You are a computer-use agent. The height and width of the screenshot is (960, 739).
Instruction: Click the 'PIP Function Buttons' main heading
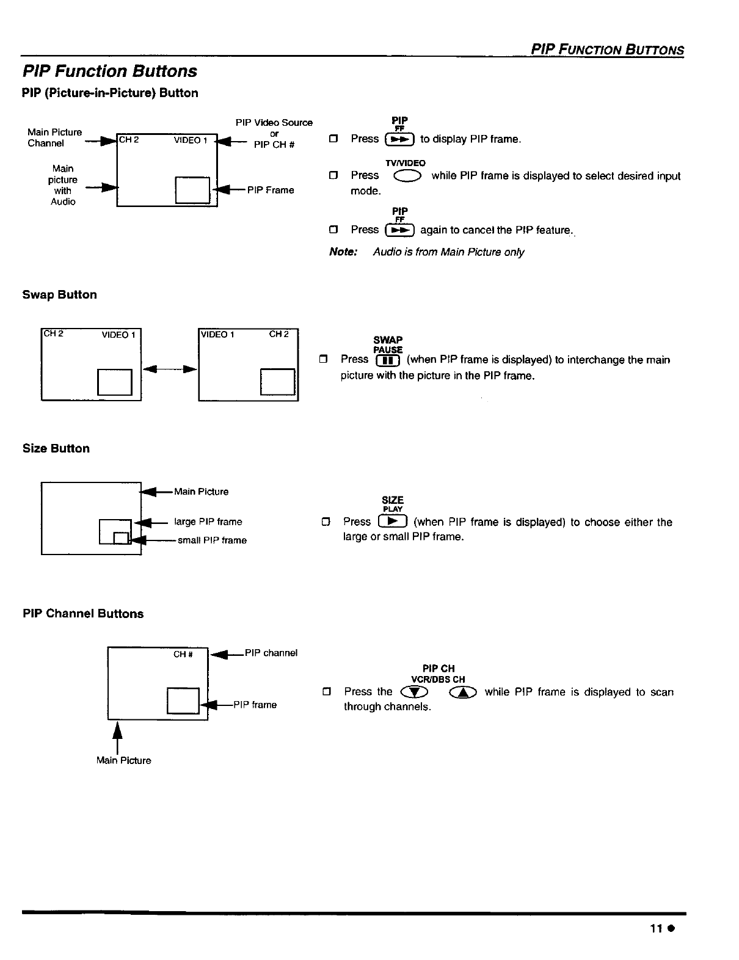pyautogui.click(x=110, y=71)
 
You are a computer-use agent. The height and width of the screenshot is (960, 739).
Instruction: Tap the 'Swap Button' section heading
pyautogui.click(x=60, y=295)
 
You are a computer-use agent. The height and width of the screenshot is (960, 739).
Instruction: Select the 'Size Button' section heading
pyautogui.click(x=56, y=449)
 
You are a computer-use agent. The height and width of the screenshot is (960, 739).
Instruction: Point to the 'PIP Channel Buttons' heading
pyautogui.click(x=83, y=614)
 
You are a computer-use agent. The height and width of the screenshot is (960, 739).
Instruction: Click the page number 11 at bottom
pyautogui.click(x=657, y=929)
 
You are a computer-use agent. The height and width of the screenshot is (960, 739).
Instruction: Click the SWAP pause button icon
pyautogui.click(x=388, y=360)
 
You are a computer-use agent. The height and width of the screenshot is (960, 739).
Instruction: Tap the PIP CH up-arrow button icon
pyautogui.click(x=462, y=693)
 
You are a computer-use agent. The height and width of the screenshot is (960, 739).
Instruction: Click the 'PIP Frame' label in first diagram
pyautogui.click(x=271, y=191)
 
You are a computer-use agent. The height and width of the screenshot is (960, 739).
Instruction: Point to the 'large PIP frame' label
pyautogui.click(x=208, y=522)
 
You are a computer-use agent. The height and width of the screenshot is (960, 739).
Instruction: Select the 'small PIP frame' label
pyautogui.click(x=212, y=540)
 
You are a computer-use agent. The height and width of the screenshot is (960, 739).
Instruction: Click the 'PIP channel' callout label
pyautogui.click(x=271, y=653)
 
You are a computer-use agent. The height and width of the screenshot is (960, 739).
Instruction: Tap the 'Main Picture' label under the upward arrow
pyautogui.click(x=123, y=761)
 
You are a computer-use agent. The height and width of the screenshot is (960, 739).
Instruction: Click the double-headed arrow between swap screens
pyautogui.click(x=170, y=369)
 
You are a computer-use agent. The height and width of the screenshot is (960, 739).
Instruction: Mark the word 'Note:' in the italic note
pyautogui.click(x=343, y=252)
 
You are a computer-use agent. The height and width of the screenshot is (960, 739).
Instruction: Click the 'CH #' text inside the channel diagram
pyautogui.click(x=183, y=655)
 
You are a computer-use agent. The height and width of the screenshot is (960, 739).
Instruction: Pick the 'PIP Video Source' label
pyautogui.click(x=274, y=123)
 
